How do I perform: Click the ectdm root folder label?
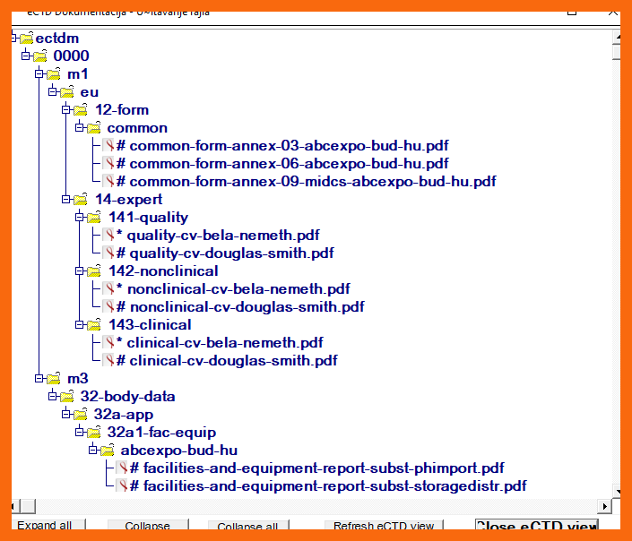point(56,39)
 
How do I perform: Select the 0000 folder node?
point(71,56)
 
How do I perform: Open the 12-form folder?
point(122,110)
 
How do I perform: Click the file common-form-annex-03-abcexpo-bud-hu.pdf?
point(282,146)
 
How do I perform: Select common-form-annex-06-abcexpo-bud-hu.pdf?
point(282,164)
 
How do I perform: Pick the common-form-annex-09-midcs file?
point(306,182)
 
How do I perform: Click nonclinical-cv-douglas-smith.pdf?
point(246,307)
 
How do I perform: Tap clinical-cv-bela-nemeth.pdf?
point(225,343)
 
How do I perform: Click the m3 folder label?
point(78,379)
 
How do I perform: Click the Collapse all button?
point(247,527)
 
